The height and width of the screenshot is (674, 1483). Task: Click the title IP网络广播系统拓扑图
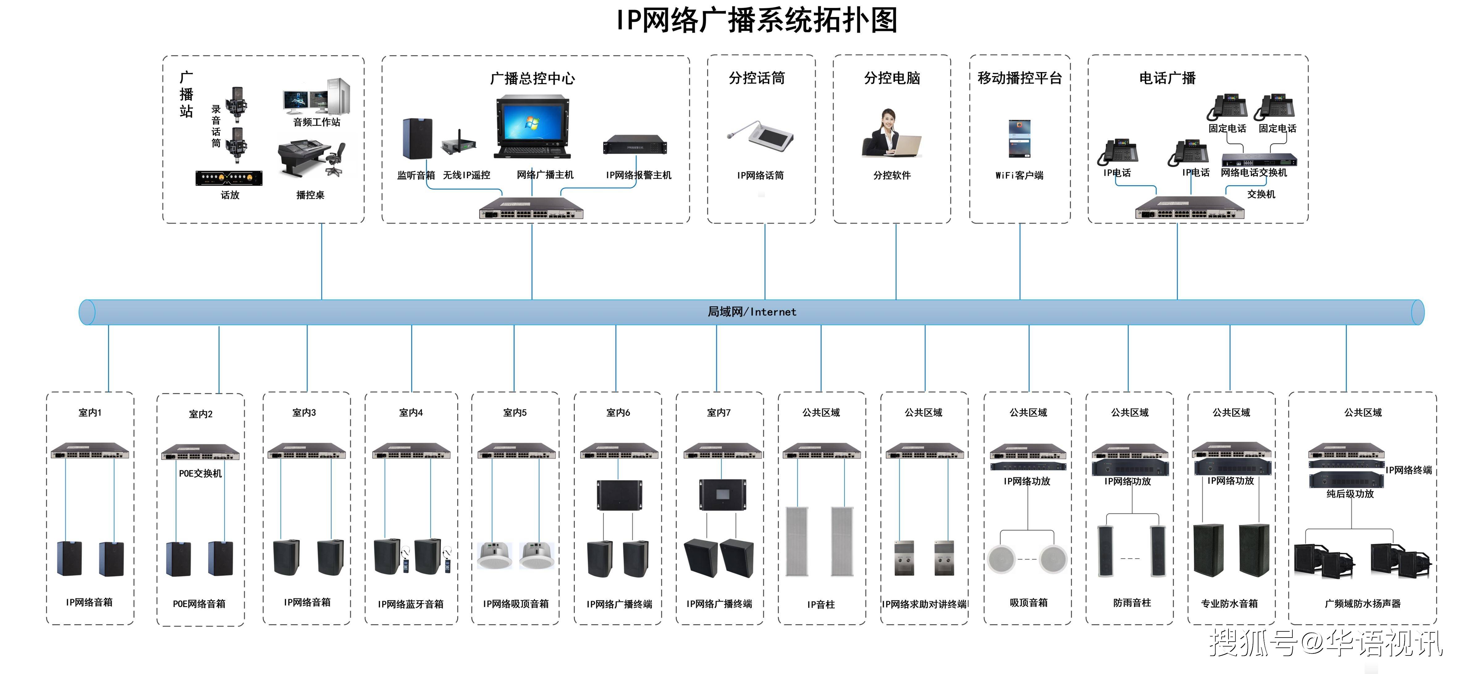(756, 21)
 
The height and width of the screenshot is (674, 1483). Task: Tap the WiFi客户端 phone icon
(1019, 138)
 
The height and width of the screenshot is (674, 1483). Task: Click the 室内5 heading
(515, 413)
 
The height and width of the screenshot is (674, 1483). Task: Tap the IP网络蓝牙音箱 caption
(411, 604)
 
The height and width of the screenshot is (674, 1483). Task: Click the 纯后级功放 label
(1350, 494)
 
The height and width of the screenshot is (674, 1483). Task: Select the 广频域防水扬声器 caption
(1362, 603)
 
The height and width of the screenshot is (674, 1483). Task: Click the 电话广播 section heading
(1167, 78)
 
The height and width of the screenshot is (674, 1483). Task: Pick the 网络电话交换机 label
(1253, 173)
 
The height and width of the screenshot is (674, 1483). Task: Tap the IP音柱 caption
(820, 604)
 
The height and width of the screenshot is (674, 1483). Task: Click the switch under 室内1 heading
(90, 451)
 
